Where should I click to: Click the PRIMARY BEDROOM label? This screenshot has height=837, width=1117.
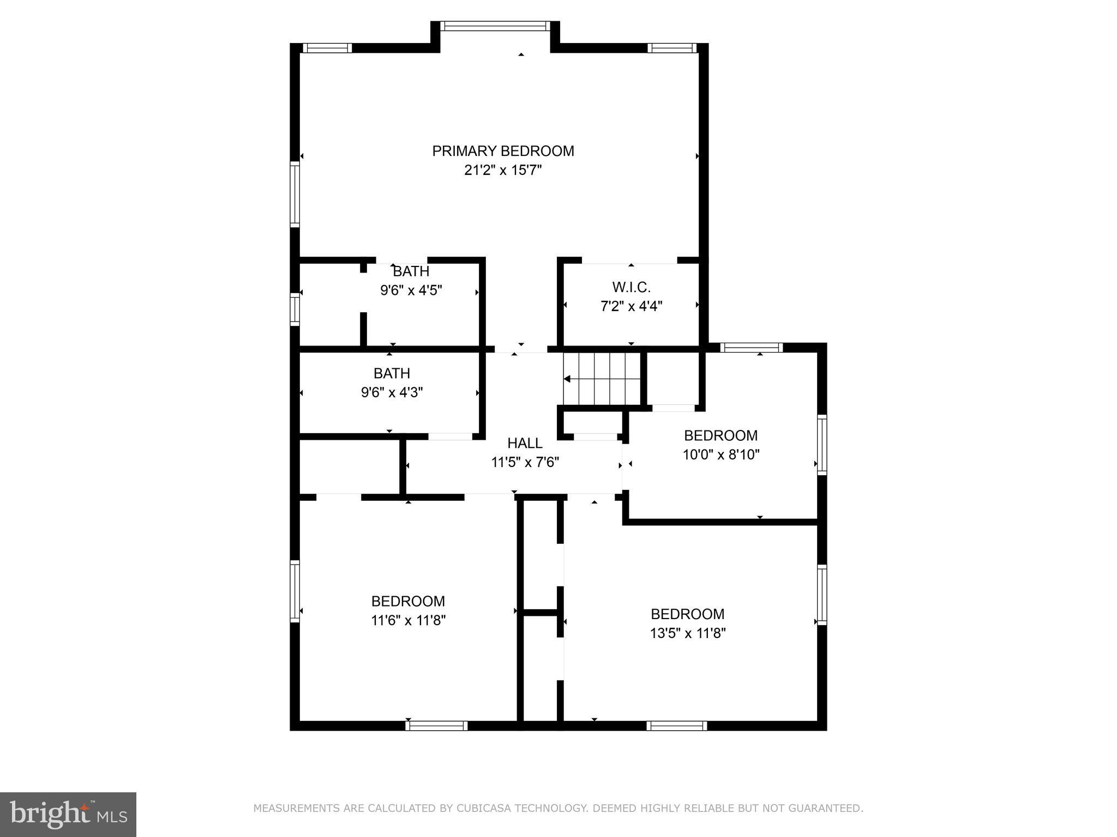pos(503,151)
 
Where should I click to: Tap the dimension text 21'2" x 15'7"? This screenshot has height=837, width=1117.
pos(503,171)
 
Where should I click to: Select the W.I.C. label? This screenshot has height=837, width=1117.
pos(631,287)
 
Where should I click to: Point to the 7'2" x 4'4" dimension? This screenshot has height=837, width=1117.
pos(631,306)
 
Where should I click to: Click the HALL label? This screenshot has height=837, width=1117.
pos(525,443)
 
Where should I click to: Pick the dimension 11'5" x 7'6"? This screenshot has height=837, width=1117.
pos(525,463)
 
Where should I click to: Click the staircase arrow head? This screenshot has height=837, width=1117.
pos(567,379)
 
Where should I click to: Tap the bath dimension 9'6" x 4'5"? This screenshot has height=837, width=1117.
pos(411,290)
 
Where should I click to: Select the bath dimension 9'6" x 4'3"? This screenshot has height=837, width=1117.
pos(392,392)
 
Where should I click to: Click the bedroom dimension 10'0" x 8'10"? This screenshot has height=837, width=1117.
pos(721,454)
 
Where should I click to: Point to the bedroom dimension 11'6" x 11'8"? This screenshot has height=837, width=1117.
pos(408,620)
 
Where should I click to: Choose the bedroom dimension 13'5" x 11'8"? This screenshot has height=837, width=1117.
pos(687,633)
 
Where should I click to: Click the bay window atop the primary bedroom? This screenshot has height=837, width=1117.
pos(495,26)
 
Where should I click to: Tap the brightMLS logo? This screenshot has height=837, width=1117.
pos(68,814)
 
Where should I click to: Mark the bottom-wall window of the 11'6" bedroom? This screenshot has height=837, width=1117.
pos(436,725)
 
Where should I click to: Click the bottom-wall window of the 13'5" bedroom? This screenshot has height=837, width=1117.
pos(677,725)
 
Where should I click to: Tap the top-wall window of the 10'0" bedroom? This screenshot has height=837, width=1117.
pos(751,348)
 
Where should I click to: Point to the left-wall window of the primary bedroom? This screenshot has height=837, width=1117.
pos(295,194)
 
